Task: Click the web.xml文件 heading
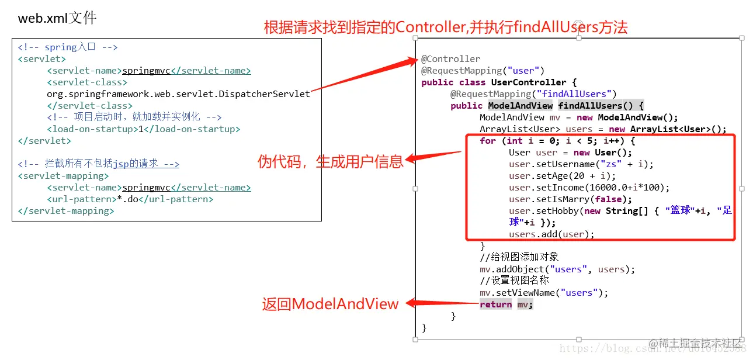[x=57, y=19]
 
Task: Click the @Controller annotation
[x=450, y=59]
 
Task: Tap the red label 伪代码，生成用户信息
[x=330, y=161]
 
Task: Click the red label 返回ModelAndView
[x=330, y=304]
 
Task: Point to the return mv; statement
[x=506, y=304]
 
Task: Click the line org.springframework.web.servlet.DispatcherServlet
[x=178, y=94]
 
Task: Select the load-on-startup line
[x=143, y=129]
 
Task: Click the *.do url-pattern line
[x=130, y=199]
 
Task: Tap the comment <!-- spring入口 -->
[x=68, y=47]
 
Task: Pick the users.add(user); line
[x=551, y=234]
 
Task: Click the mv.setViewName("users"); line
[x=543, y=293]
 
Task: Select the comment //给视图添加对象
[x=519, y=257]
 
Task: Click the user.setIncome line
[x=589, y=188]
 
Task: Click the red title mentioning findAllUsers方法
[x=446, y=27]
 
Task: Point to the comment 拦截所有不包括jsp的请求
[x=98, y=164]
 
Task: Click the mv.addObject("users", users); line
[x=557, y=269]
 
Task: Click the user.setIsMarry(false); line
[x=570, y=199]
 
